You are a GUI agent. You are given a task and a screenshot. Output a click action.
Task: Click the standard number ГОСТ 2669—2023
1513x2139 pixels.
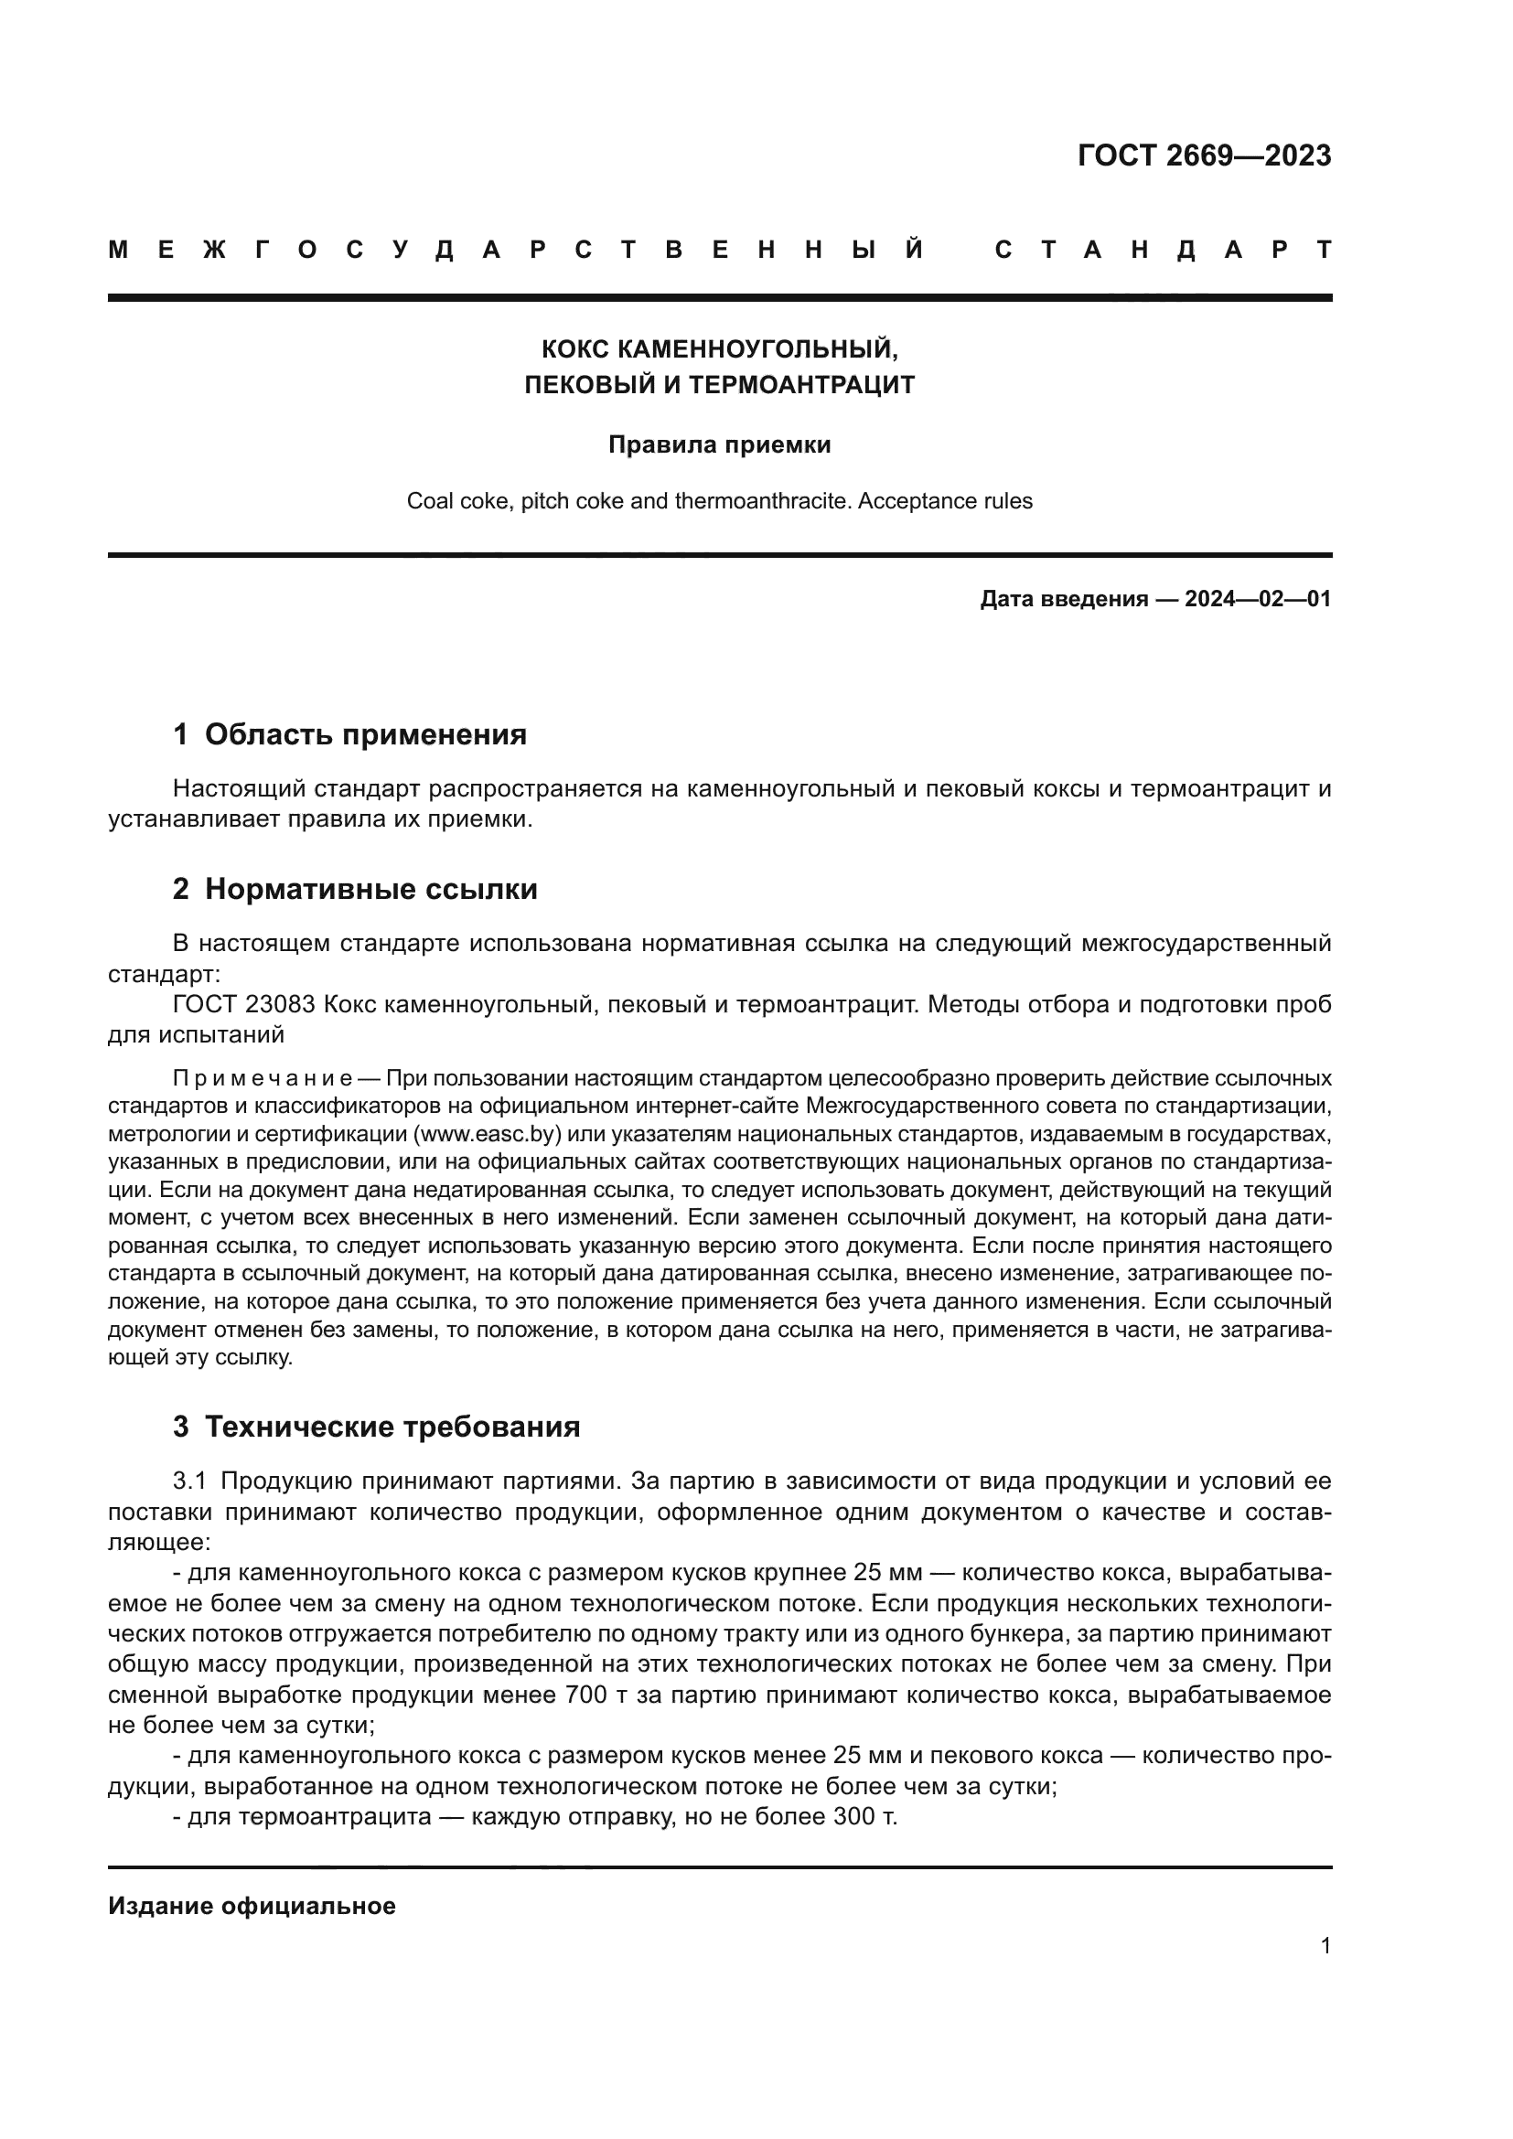(1204, 155)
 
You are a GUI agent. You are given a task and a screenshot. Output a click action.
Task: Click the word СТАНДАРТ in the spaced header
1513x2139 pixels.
(1164, 250)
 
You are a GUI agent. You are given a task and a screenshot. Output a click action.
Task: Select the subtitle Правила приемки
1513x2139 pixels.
(719, 445)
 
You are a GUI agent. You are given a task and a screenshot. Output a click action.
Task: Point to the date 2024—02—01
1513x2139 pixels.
(1258, 599)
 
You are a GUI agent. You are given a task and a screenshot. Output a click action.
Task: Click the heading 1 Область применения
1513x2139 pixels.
(349, 734)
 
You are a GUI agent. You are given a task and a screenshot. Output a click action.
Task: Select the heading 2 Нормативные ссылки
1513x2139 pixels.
(355, 889)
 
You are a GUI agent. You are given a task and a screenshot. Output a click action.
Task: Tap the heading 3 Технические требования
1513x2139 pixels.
(376, 1427)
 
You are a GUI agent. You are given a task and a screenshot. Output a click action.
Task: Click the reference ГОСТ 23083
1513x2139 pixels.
(244, 1004)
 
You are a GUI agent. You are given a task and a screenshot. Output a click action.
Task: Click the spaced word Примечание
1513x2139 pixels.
(262, 1079)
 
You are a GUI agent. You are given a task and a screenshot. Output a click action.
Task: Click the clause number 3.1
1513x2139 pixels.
(192, 1481)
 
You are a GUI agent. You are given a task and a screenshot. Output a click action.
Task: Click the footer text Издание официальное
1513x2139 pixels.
(252, 1906)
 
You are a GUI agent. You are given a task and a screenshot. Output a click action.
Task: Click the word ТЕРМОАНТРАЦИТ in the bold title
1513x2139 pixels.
(801, 385)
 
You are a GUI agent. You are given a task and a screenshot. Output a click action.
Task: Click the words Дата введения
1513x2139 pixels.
(1063, 599)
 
